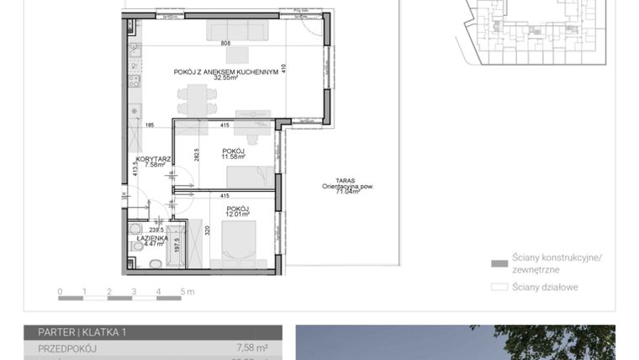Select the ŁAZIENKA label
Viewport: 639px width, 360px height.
(151, 238)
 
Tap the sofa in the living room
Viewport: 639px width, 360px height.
(240, 31)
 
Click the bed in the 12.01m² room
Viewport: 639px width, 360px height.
(240, 239)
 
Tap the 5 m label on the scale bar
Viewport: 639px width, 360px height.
(186, 293)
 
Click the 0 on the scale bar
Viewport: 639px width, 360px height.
(60, 293)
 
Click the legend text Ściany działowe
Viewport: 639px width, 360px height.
(545, 287)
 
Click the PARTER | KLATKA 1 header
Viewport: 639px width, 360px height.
(82, 333)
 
